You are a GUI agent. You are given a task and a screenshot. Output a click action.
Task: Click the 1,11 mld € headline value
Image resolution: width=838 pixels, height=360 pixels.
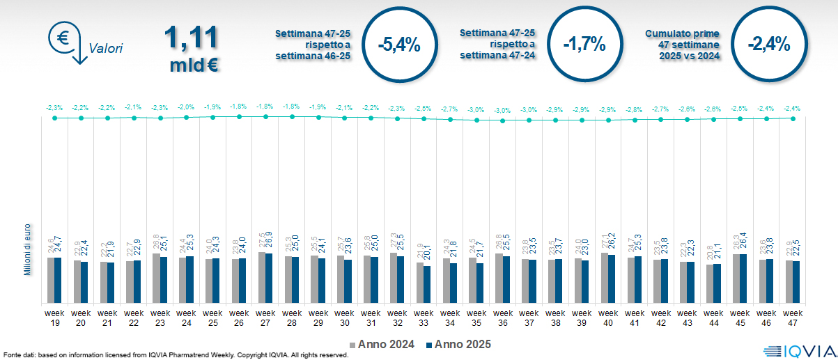[x=192, y=49]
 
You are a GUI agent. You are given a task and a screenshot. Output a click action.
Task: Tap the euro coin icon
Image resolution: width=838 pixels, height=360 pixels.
[x=61, y=39]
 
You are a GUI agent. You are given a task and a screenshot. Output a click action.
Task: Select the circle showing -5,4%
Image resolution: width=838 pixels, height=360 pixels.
[x=398, y=45]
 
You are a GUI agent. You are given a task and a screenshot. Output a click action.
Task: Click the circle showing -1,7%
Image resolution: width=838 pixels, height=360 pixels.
[x=584, y=45]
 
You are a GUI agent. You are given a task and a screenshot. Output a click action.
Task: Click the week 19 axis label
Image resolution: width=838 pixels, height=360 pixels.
[x=55, y=318]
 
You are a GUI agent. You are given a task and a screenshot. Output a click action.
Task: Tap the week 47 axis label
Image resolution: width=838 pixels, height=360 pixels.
[x=793, y=318]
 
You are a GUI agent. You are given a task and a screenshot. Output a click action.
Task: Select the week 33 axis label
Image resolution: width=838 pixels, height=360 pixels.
[x=424, y=318]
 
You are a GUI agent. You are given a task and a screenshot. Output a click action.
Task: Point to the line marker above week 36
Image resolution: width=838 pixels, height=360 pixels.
[x=503, y=120]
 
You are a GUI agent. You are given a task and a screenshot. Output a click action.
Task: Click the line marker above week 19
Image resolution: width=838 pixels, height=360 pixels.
[x=55, y=118]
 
